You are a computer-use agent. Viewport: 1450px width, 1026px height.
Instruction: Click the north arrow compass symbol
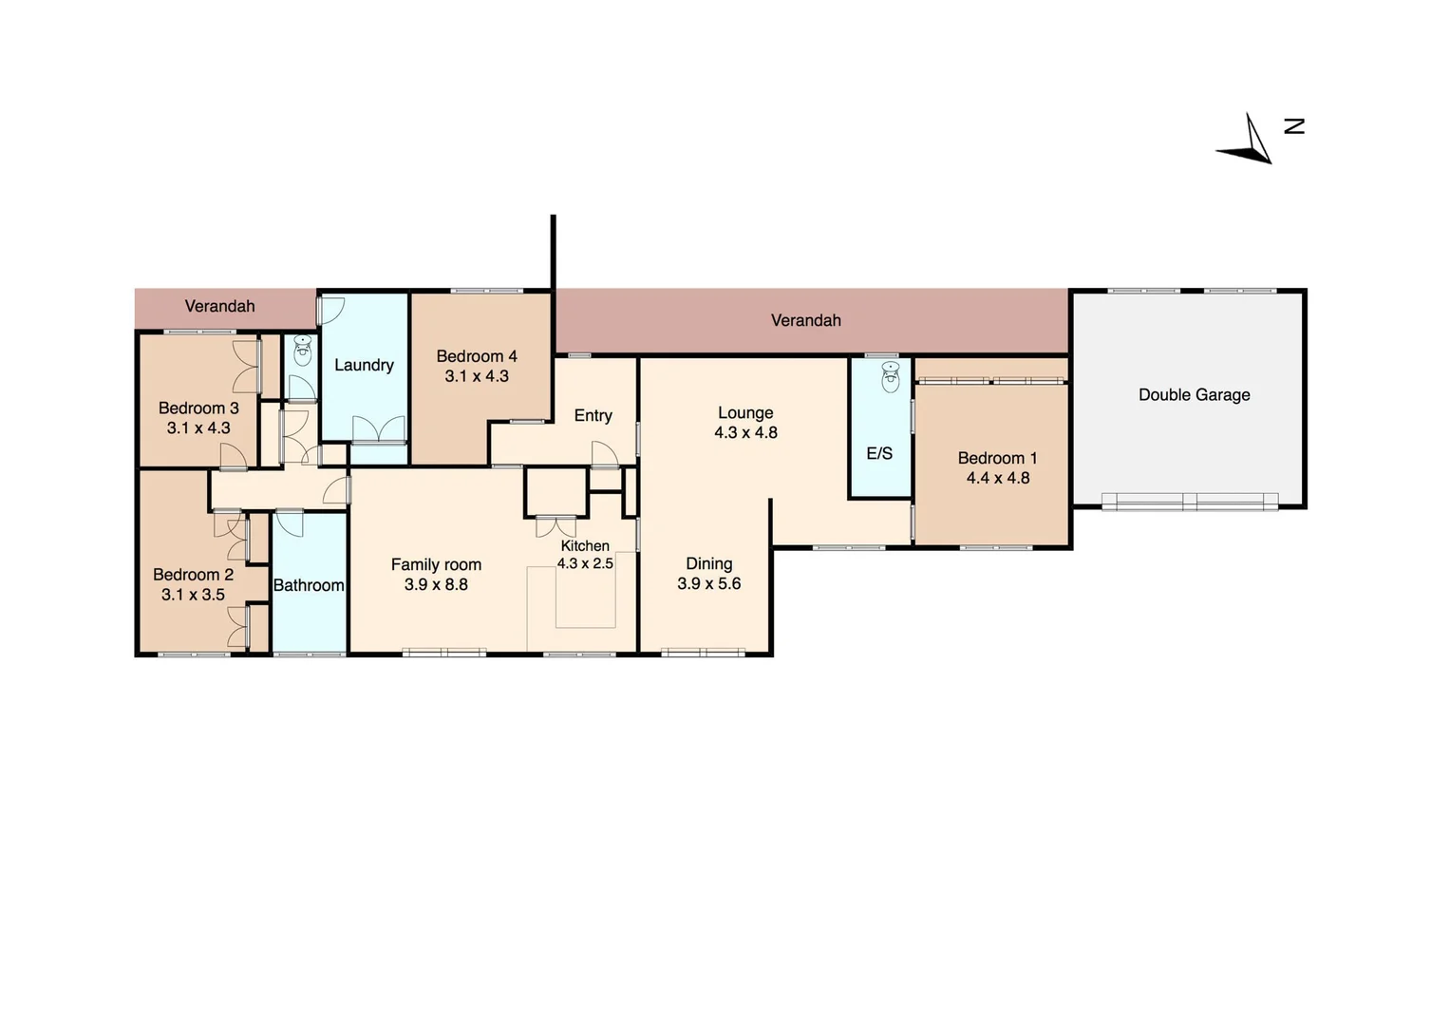1248,142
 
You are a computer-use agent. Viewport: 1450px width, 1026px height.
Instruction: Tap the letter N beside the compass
1294,125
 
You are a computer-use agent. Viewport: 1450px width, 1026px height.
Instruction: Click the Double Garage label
1194,394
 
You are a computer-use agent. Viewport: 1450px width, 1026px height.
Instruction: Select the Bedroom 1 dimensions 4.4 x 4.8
997,478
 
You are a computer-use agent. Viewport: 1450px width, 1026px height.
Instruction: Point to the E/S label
879,453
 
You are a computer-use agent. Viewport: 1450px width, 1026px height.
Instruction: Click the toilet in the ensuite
890,377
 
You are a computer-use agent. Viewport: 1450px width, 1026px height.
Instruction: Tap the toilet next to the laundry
302,351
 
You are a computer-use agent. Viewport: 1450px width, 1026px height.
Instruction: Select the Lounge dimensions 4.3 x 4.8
745,432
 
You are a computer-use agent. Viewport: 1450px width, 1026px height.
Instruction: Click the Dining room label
708,563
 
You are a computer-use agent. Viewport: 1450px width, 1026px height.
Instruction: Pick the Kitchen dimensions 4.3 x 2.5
585,563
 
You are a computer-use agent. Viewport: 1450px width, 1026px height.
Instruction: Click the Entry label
593,415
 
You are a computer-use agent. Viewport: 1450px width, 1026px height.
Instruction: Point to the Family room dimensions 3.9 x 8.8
436,584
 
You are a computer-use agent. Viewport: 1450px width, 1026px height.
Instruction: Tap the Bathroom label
309,585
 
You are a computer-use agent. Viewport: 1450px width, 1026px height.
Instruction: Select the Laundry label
364,365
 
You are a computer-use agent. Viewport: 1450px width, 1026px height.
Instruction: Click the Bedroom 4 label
477,356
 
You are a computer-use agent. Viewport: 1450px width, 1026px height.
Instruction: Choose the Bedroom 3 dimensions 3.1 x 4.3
198,427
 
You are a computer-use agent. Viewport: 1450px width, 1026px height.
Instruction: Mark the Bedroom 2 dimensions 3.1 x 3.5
193,595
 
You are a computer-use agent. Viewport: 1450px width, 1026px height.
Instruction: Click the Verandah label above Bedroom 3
219,306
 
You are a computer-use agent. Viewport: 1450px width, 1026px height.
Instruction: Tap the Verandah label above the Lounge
805,320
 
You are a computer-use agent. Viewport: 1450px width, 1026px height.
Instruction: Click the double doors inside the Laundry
378,429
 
